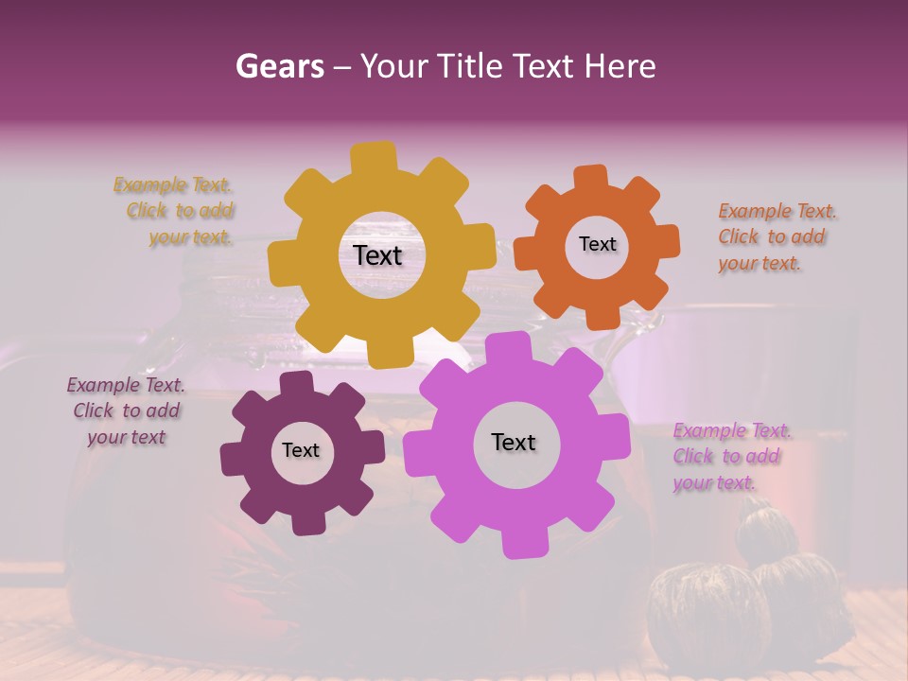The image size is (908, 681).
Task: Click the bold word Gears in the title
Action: point(279,66)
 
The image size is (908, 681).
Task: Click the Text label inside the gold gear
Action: point(377,255)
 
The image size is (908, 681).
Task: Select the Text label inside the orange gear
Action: point(597,244)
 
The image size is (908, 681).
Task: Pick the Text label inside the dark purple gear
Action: point(300,450)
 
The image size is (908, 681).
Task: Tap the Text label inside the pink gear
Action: point(513,442)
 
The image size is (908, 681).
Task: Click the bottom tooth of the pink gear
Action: point(519,543)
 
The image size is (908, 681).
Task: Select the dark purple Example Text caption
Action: point(126,410)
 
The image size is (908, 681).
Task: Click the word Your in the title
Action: point(397,66)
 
